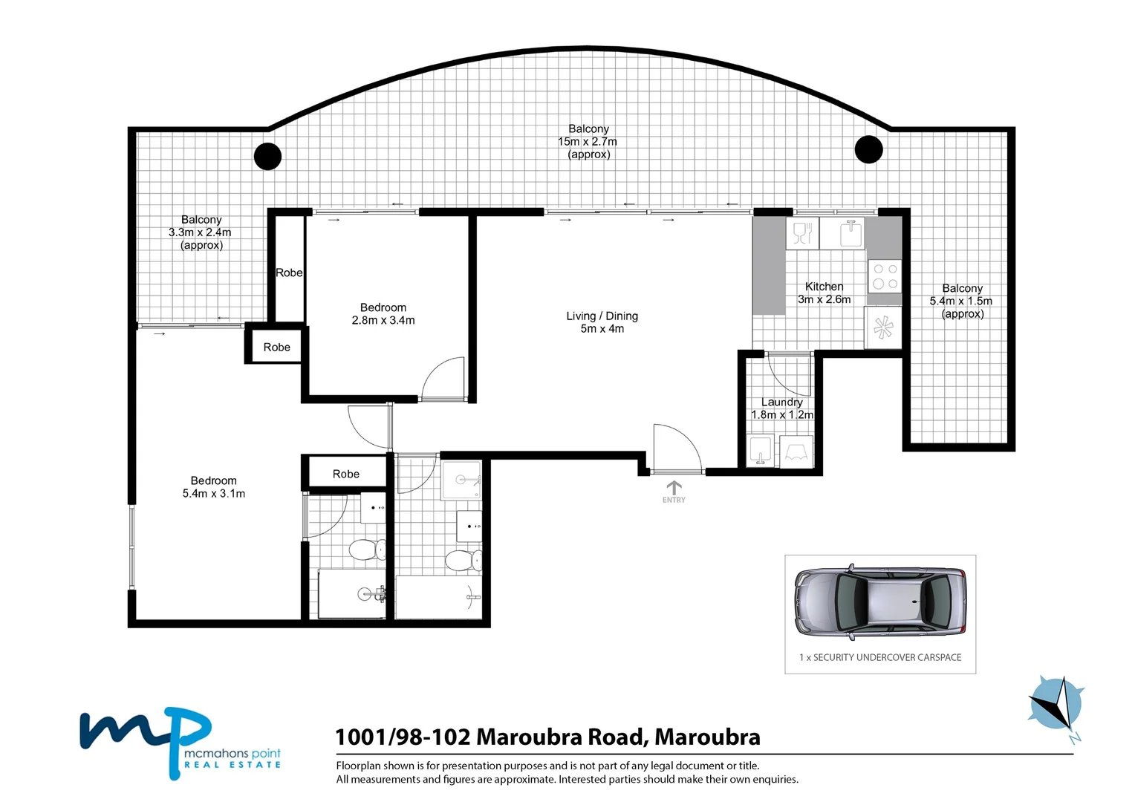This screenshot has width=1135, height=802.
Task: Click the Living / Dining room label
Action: click(602, 322)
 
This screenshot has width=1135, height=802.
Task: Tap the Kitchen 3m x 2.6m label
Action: click(824, 293)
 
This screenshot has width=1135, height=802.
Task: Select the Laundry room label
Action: click(781, 408)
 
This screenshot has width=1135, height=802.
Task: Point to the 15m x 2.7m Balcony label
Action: click(588, 141)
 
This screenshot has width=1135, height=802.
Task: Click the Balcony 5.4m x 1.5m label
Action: click(962, 301)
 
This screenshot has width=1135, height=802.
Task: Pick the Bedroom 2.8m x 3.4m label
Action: click(383, 313)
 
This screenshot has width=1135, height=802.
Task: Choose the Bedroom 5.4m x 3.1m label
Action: click(214, 486)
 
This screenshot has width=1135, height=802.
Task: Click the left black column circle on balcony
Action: click(267, 156)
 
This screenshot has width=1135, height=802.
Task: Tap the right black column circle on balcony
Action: click(868, 149)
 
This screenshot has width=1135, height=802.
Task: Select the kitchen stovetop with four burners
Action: click(885, 276)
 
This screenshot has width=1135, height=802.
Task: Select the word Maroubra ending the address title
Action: click(707, 737)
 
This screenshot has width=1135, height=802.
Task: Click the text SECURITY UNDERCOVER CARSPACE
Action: click(887, 657)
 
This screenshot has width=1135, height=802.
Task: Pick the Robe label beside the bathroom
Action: click(346, 474)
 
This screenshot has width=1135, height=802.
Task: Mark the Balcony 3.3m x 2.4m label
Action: click(201, 232)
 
